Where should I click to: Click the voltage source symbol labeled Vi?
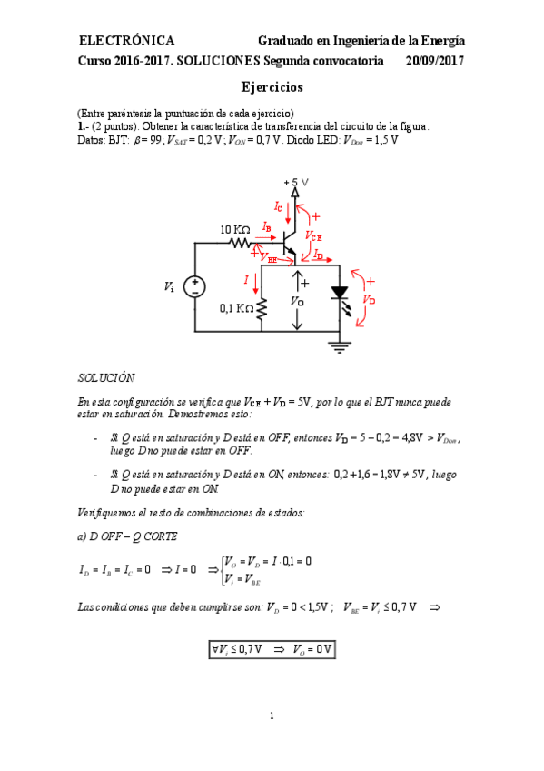(x=194, y=287)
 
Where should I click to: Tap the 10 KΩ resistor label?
(x=235, y=230)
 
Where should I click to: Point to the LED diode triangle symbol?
(x=339, y=294)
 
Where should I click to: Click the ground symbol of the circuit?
(x=339, y=345)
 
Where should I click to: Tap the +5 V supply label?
(x=297, y=182)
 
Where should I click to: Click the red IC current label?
(x=278, y=205)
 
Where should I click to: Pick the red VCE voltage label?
(x=313, y=235)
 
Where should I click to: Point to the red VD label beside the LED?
(x=368, y=298)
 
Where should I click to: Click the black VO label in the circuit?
(x=297, y=300)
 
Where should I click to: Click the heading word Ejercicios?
(x=272, y=87)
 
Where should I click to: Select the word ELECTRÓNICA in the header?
(x=127, y=41)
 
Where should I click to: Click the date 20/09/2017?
(x=436, y=61)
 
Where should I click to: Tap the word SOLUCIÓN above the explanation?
(x=105, y=376)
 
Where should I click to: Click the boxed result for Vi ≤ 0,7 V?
(x=272, y=649)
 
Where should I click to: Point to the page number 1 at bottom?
(x=272, y=717)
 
